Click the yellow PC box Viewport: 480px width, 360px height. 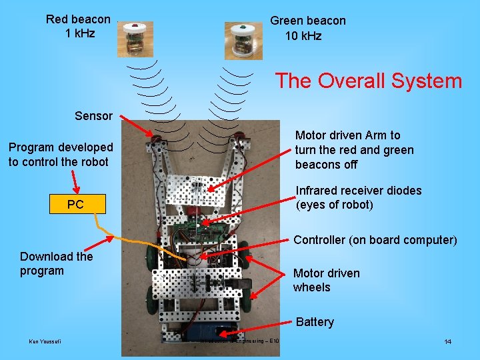click(75, 204)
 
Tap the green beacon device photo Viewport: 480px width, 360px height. click(242, 41)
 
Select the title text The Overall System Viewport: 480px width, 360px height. click(368, 81)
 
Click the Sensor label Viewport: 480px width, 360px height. click(93, 116)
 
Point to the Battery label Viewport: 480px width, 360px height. click(314, 322)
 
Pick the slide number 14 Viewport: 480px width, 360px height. click(448, 342)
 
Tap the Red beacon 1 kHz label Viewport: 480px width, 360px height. click(78, 27)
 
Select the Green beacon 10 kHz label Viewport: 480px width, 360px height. click(307, 28)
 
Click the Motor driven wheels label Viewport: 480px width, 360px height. click(326, 280)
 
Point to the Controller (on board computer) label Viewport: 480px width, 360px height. click(375, 240)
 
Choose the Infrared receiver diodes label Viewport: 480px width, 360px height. click(358, 197)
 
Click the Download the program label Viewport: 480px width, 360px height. click(56, 263)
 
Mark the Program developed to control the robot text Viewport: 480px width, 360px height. click(61, 154)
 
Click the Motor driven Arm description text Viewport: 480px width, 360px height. click(354, 150)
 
